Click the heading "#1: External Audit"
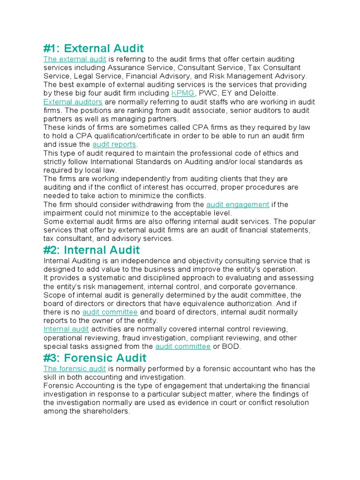point(94,48)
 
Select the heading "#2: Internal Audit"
point(91,250)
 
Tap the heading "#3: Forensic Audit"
point(95,358)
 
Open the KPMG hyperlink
point(183,93)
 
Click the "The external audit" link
point(75,59)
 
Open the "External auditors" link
point(73,102)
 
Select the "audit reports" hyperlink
point(114,144)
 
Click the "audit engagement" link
point(238,204)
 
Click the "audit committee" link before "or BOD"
point(183,346)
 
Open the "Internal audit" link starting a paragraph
point(66,329)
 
